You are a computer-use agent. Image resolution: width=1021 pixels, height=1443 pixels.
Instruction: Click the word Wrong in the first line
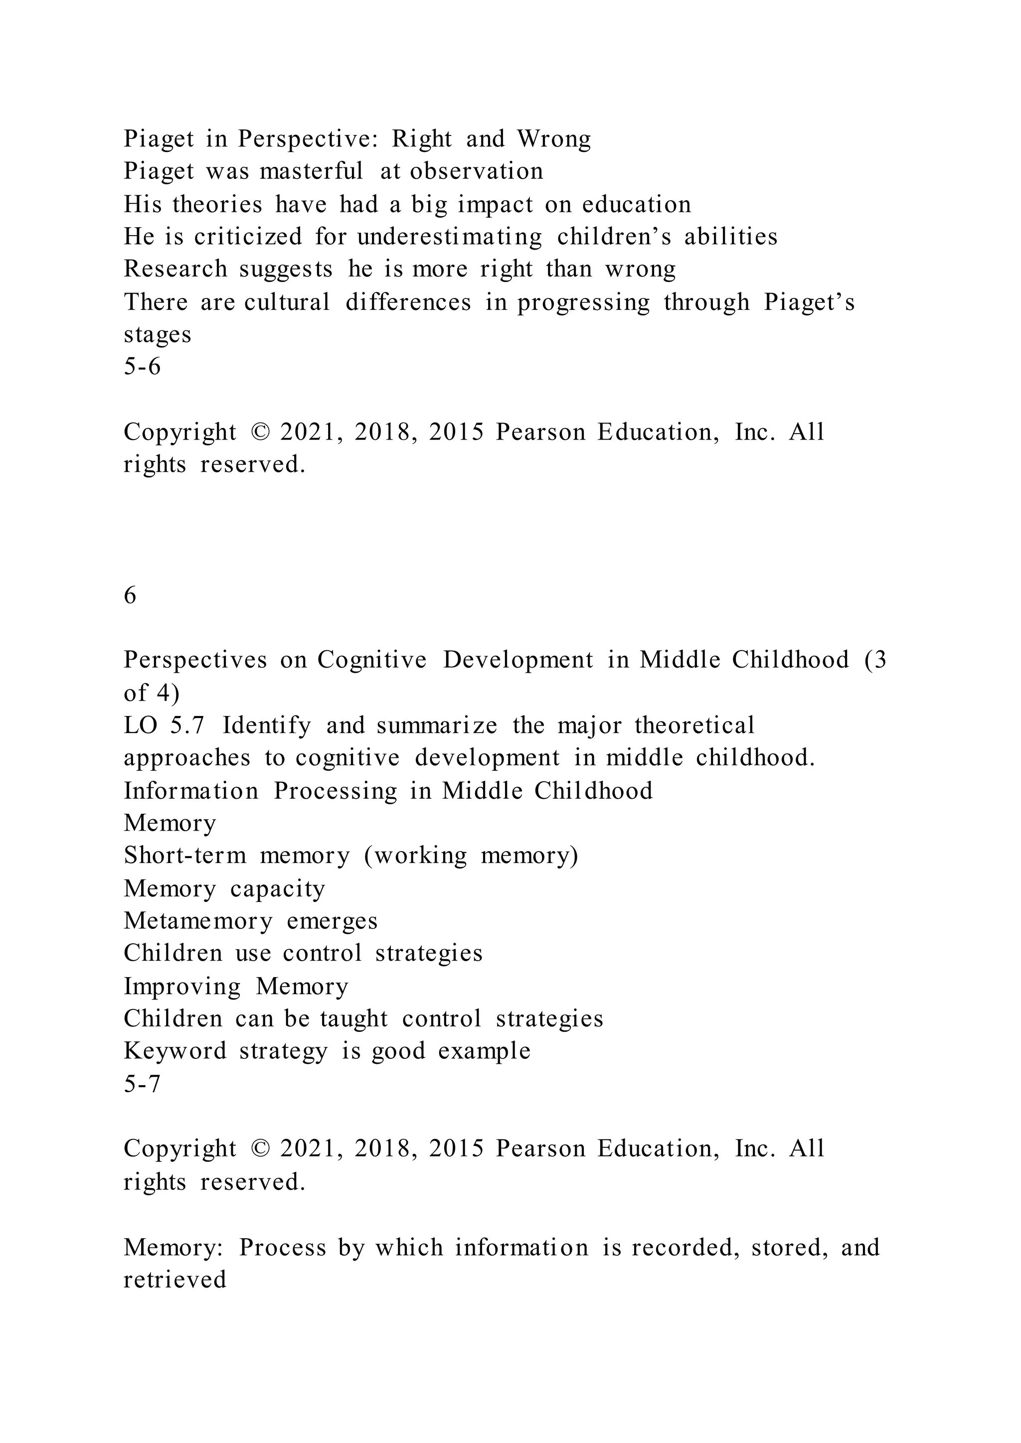[x=553, y=139]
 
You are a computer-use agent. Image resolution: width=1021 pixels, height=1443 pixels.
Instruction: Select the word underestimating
[x=450, y=237]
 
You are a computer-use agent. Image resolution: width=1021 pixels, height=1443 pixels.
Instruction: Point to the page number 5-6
[x=142, y=366]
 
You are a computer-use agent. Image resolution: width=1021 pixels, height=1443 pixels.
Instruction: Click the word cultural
[x=287, y=302]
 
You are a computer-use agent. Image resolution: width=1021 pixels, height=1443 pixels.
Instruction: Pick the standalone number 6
[x=130, y=595]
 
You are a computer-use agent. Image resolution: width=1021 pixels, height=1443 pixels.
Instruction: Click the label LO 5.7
[x=164, y=726]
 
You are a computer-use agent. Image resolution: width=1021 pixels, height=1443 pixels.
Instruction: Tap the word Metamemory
[x=198, y=921]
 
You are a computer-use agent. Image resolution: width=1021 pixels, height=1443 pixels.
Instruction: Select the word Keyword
[x=175, y=1051]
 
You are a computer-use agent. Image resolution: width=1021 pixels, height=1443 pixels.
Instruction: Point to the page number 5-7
[x=142, y=1084]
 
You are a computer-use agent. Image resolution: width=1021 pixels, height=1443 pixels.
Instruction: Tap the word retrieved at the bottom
[x=175, y=1280]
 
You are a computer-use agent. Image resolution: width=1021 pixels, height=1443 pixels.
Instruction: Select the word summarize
[x=437, y=726]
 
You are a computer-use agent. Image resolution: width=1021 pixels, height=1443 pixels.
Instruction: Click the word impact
[x=496, y=205]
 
